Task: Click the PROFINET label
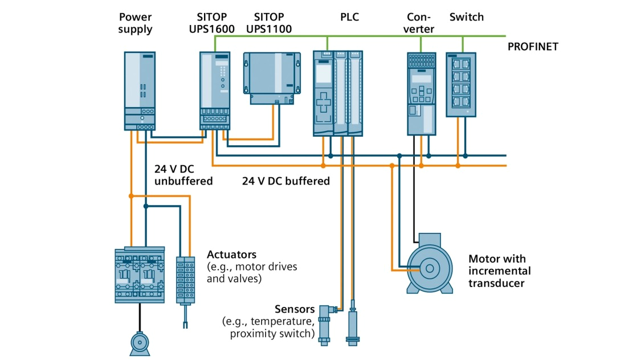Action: coord(533,47)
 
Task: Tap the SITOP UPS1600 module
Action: coord(215,90)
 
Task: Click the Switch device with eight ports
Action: coord(460,85)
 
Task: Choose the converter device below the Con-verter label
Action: coord(421,93)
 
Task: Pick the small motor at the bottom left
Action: coord(140,342)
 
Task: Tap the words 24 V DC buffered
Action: coord(286,181)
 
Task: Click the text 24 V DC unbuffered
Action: coord(183,175)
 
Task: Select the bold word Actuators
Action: coord(231,254)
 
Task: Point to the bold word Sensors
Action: coord(295,309)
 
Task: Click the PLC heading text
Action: coord(349,17)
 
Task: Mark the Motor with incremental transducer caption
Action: coord(499,271)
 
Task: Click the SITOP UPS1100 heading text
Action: coord(268,23)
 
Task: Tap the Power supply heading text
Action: coord(136,23)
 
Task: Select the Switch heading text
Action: coord(466,17)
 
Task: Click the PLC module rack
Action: coord(337,93)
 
